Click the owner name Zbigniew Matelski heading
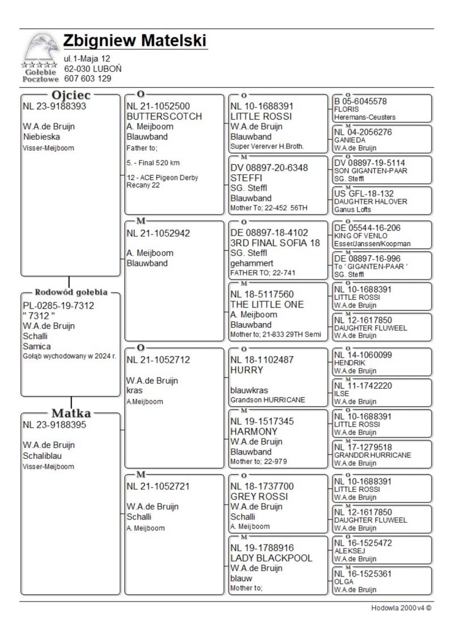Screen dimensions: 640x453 (x=135, y=41)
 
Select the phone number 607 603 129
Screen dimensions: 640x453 (x=87, y=79)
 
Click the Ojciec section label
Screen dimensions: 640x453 (x=71, y=95)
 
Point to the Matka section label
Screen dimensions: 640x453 (x=71, y=413)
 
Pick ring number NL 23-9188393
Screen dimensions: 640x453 (x=54, y=106)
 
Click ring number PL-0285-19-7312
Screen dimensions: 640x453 (x=58, y=306)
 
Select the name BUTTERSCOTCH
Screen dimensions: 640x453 (x=164, y=116)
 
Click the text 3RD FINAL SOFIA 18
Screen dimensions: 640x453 (x=275, y=243)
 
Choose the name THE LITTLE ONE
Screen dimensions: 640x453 (x=267, y=304)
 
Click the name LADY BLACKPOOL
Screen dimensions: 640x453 (x=271, y=558)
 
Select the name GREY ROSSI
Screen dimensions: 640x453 (x=259, y=496)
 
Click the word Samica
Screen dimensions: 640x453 (x=37, y=346)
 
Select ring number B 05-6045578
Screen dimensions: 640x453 (x=361, y=101)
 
